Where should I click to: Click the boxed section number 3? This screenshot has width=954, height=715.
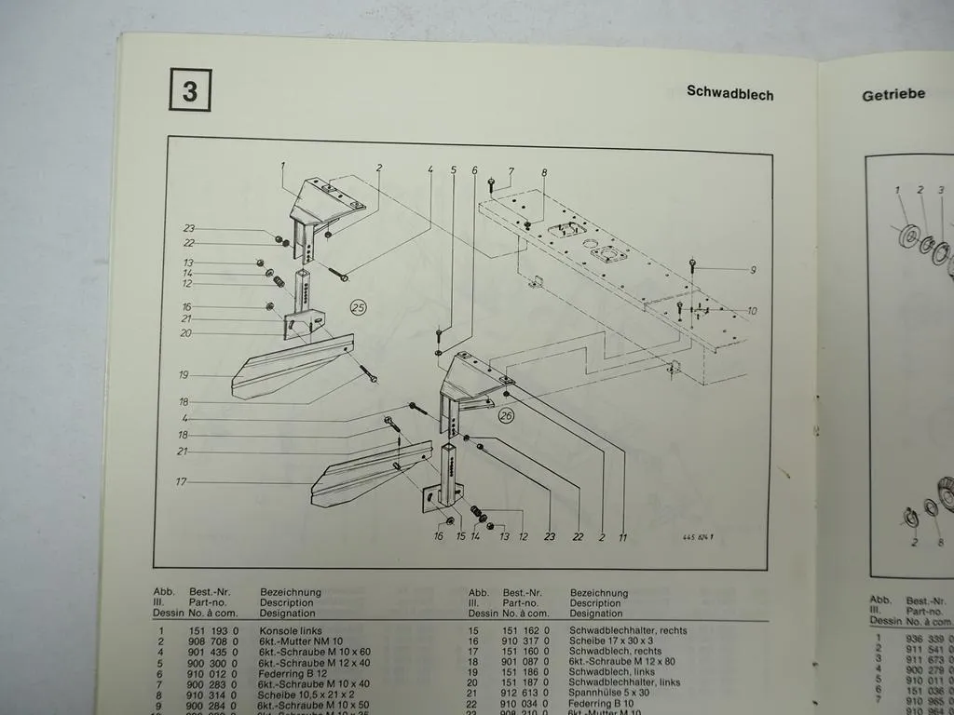[x=190, y=91]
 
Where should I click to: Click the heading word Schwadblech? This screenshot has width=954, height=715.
[x=729, y=93]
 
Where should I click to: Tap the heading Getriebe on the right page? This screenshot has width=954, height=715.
[x=893, y=94]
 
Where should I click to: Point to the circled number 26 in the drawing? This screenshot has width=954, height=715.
[x=507, y=415]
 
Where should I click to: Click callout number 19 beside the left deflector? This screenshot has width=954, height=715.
[x=184, y=374]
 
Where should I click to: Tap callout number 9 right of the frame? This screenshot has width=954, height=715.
[x=752, y=270]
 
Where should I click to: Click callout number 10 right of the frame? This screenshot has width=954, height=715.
[x=751, y=311]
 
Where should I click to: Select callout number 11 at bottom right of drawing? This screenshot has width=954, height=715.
[x=622, y=537]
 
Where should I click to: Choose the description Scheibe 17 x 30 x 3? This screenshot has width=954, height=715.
[x=613, y=642]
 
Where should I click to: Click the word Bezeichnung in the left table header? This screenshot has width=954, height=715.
[x=291, y=592]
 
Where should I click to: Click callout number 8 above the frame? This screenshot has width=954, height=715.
[x=544, y=172]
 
